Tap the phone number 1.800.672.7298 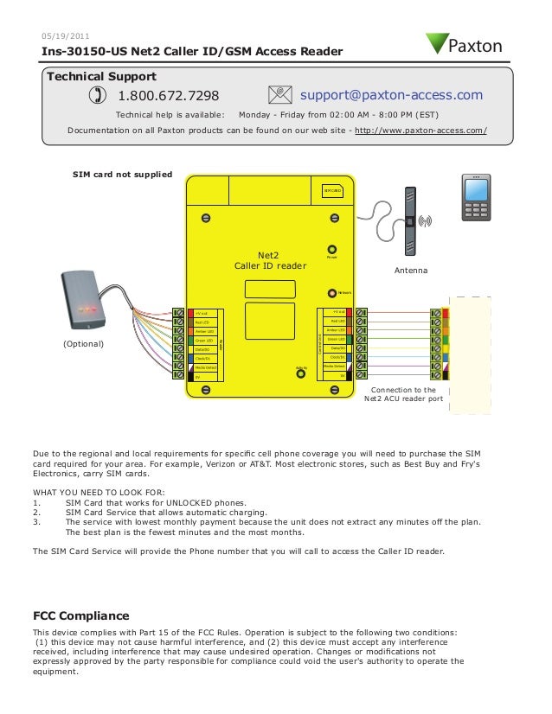(168, 95)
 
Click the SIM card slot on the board (333, 191)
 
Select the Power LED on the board (331, 249)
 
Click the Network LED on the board (331, 294)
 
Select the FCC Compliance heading (80, 616)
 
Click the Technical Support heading (100, 76)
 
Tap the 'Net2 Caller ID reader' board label (270, 260)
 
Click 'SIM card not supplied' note (122, 175)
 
